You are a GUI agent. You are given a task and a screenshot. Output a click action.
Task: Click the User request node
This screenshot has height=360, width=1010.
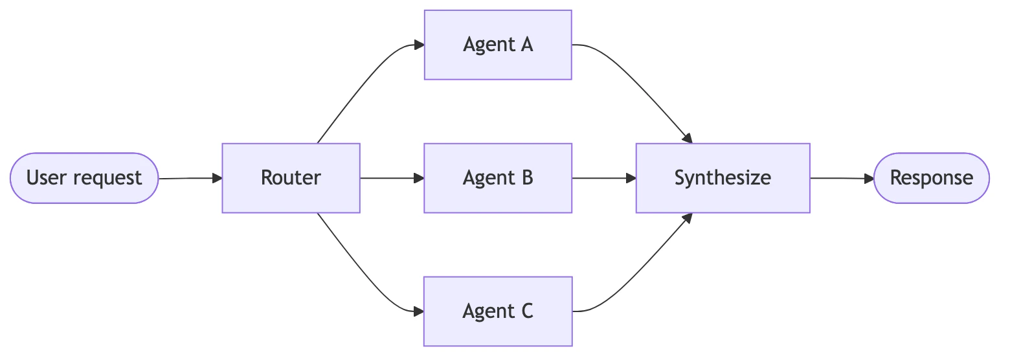84,178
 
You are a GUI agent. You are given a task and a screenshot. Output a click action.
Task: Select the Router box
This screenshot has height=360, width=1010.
291,178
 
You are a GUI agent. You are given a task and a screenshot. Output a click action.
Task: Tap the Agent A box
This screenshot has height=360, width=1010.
498,45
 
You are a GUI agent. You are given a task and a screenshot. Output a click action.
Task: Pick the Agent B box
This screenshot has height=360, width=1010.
498,178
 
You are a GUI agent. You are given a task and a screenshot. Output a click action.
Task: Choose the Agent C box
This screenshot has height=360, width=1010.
498,311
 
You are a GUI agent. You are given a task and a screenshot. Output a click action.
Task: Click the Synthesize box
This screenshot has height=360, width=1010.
723,178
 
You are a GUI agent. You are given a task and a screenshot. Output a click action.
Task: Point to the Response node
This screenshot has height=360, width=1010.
931,178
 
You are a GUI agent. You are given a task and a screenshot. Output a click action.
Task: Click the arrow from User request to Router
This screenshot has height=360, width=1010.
190,178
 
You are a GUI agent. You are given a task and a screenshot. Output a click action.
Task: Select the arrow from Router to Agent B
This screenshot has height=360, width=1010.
391,178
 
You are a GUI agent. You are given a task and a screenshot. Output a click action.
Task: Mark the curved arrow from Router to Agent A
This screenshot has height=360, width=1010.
363,84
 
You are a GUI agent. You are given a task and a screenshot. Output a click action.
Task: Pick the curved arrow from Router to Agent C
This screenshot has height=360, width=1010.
363,272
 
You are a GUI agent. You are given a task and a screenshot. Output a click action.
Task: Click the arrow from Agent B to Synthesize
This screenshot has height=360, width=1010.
603,178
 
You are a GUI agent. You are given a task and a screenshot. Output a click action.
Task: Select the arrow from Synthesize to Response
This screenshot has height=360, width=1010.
841,178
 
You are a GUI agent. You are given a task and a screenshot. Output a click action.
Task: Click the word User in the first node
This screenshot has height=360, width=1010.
47,178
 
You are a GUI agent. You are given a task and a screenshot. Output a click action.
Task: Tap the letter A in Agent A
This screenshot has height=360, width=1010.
526,45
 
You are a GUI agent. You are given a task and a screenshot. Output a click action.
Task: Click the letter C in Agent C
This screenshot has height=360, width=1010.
526,311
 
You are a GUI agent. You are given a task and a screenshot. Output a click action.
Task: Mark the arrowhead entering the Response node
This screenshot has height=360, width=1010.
869,178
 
